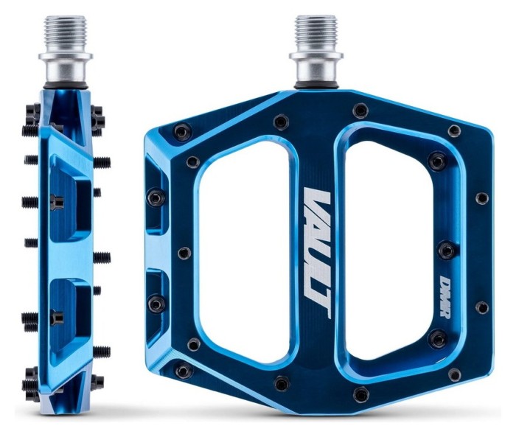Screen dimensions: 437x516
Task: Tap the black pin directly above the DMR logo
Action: [446, 251]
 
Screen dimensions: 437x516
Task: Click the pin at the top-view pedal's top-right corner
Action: [455, 130]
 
